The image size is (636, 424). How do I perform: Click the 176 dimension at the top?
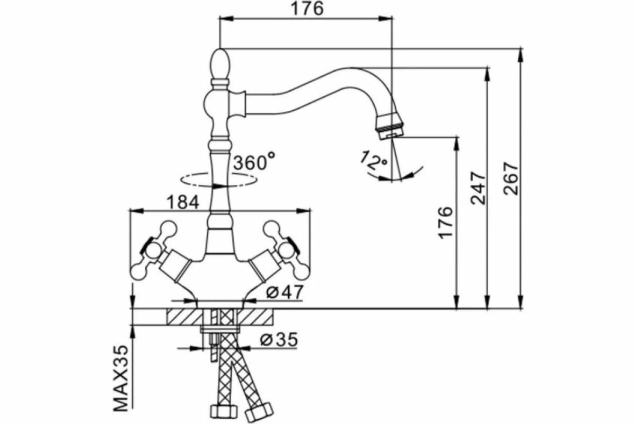point(306,9)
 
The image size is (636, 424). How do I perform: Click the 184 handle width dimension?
point(183,202)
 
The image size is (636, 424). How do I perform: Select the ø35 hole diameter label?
point(279,339)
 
